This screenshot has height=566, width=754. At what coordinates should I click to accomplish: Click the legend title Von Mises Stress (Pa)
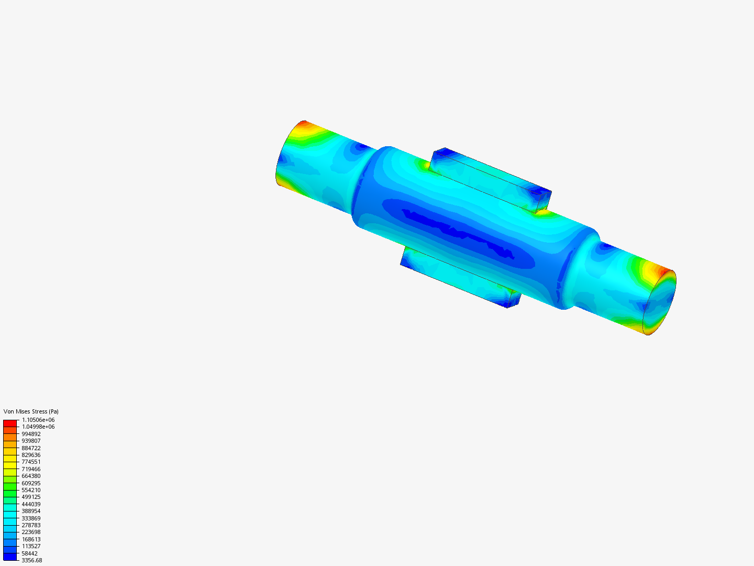tap(31, 411)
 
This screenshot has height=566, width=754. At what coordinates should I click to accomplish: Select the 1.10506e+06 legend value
tap(38, 420)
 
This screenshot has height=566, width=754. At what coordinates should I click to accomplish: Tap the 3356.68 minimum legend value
tap(32, 560)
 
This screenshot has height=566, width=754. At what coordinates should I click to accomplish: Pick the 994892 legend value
tap(31, 434)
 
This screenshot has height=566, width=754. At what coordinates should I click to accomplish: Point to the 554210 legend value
tap(31, 490)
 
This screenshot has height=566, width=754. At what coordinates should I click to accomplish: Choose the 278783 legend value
tap(31, 525)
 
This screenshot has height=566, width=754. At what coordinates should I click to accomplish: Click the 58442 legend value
tap(29, 553)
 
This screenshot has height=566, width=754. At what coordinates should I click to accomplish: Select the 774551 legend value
tap(31, 462)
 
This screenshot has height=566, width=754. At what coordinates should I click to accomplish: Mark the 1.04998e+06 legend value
tap(38, 427)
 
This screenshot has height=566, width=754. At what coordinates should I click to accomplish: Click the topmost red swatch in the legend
tap(10, 423)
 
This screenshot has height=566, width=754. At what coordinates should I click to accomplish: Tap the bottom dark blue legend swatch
tap(10, 557)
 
